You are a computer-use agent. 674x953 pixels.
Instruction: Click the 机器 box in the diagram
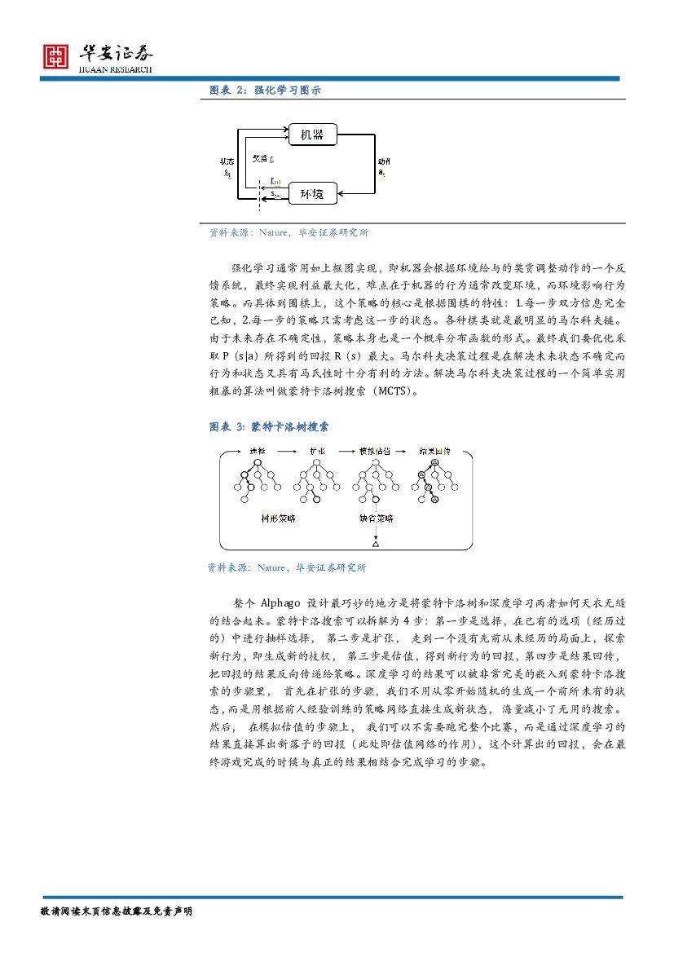point(312,134)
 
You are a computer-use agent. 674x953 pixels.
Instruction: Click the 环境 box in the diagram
point(312,194)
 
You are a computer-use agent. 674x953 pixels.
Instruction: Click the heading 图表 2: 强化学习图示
point(265,90)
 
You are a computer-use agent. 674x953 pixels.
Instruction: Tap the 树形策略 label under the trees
point(278,518)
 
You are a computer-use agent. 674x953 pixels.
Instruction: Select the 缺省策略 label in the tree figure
point(376,518)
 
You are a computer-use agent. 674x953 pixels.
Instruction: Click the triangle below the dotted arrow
point(376,543)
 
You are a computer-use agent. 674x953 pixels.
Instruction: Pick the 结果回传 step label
point(434,450)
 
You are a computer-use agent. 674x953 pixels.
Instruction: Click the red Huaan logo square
point(56,55)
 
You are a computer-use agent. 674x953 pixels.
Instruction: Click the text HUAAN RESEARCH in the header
point(115,69)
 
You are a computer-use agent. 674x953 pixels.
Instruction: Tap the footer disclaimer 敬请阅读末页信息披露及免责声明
point(115,911)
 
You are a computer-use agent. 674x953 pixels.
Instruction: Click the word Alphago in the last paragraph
point(283,603)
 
